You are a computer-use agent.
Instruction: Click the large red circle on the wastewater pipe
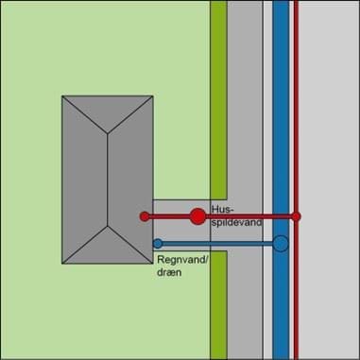197,216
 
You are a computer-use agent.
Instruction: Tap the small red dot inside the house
145,216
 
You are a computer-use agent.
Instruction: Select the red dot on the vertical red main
296,216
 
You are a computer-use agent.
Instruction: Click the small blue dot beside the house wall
158,244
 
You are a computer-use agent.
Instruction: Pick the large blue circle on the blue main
281,244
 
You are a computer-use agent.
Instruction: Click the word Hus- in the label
219,210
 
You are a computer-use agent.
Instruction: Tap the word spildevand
236,222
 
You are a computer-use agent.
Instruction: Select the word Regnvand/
182,260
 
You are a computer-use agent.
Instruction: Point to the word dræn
169,272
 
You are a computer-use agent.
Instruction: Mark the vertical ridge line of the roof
108,180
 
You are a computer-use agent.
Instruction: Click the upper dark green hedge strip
218,100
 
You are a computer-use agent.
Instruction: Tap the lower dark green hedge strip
218,305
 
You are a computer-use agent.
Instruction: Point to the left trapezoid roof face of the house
84,180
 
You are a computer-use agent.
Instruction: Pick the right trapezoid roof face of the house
130,180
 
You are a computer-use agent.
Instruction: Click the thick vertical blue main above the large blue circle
281,118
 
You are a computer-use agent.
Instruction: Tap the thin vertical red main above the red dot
296,106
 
